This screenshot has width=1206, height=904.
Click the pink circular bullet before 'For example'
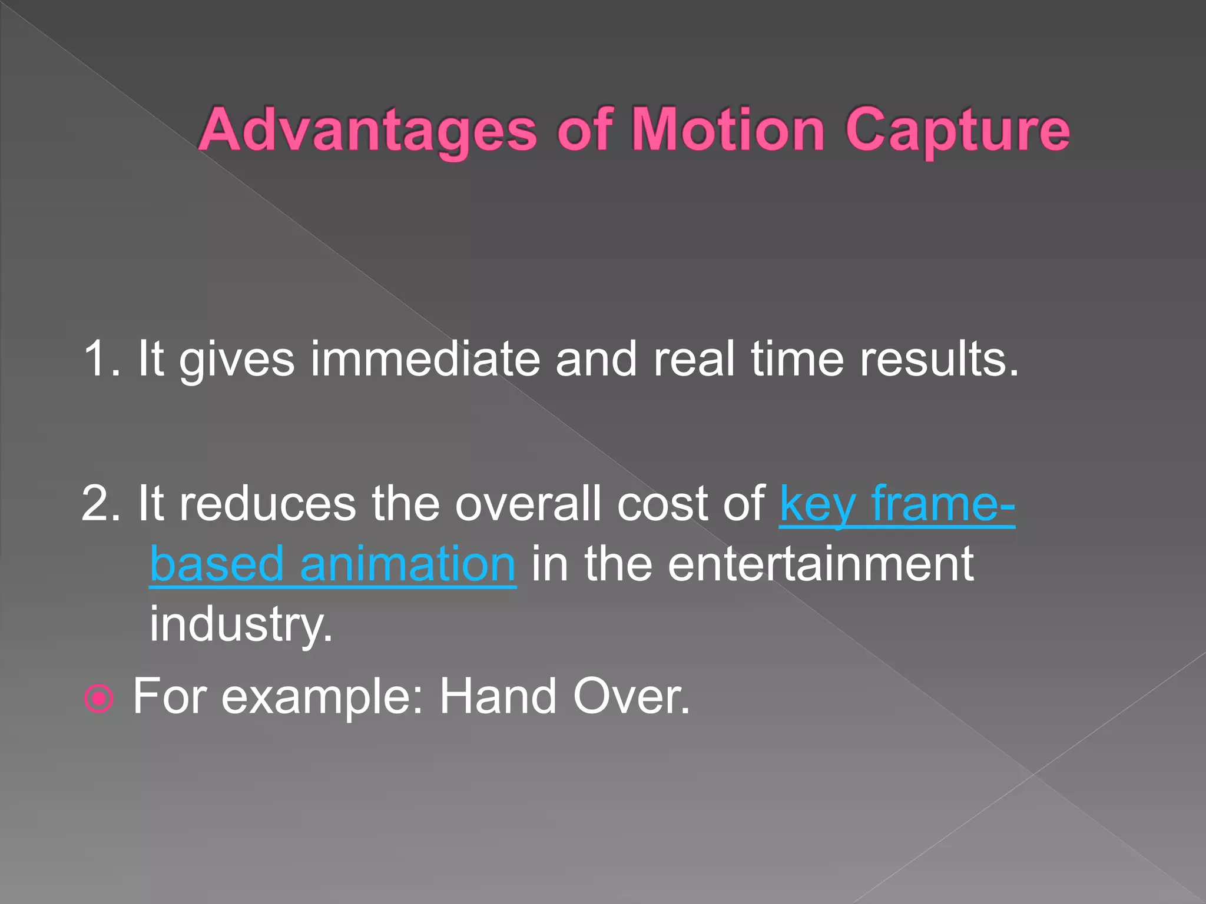pyautogui.click(x=98, y=699)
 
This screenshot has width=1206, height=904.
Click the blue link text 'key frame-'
pyautogui.click(x=897, y=504)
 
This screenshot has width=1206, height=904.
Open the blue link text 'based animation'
pyautogui.click(x=333, y=564)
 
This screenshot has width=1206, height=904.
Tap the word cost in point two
pyautogui.click(x=662, y=503)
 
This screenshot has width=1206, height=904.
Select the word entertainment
pyautogui.click(x=821, y=564)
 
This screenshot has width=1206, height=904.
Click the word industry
pyautogui.click(x=241, y=624)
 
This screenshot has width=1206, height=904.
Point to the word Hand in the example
pyautogui.click(x=498, y=696)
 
